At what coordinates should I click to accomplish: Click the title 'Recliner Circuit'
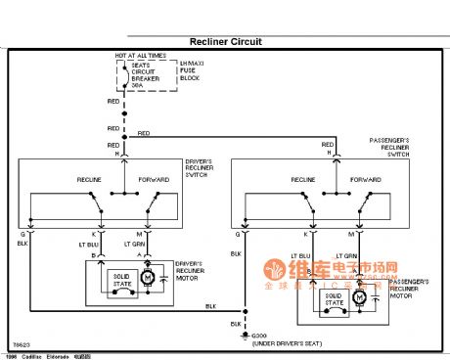[x=225, y=42]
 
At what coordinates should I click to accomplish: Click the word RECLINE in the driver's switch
[x=90, y=180]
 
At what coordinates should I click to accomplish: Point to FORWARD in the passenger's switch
[x=365, y=180]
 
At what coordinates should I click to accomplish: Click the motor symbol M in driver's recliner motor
[x=148, y=279]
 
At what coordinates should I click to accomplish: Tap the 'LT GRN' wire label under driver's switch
[x=134, y=244]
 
